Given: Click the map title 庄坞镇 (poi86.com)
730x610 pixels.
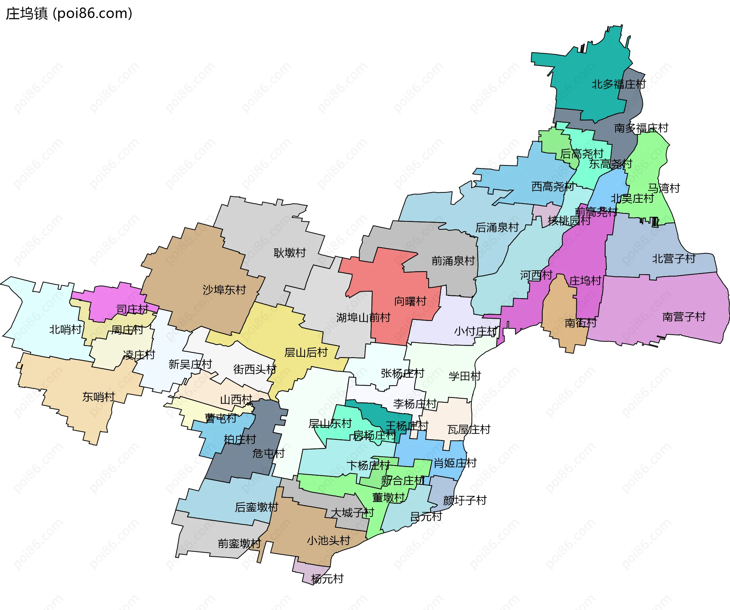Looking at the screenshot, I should click(x=69, y=14).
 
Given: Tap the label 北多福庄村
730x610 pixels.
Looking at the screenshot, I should click(x=618, y=84).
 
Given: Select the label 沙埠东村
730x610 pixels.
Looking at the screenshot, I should click(x=224, y=290).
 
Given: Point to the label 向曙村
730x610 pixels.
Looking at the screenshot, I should click(x=410, y=301).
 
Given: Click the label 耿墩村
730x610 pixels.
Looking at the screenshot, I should click(x=289, y=253).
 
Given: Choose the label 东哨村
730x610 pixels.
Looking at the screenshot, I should click(x=98, y=397).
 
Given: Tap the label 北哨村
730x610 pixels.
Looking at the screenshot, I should click(x=65, y=329).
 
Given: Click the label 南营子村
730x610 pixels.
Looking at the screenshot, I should click(x=684, y=316).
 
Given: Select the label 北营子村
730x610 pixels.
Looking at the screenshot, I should click(x=673, y=259).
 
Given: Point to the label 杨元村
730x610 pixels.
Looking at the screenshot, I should click(x=327, y=579).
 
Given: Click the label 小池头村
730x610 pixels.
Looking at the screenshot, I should click(x=328, y=540).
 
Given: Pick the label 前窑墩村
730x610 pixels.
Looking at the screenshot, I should click(x=239, y=543).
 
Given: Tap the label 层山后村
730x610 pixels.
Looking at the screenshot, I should click(x=306, y=353).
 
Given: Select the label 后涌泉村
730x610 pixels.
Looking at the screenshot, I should click(x=497, y=227).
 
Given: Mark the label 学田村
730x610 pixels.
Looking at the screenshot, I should click(x=465, y=376).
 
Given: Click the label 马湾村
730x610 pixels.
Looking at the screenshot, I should click(x=663, y=188).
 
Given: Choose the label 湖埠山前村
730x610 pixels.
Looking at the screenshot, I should click(x=363, y=318).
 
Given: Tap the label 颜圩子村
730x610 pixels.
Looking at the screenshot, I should click(x=465, y=500).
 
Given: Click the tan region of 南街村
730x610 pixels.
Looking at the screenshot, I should click(x=559, y=304).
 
